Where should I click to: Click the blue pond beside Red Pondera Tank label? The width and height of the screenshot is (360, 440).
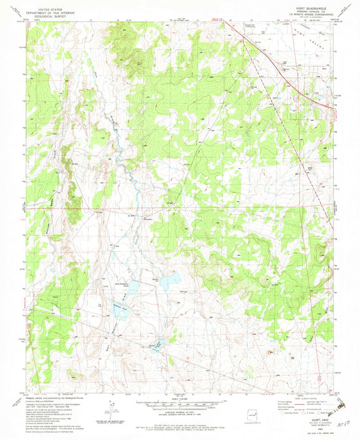[133, 286]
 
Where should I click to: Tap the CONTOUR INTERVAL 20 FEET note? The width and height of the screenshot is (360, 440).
[179, 412]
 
